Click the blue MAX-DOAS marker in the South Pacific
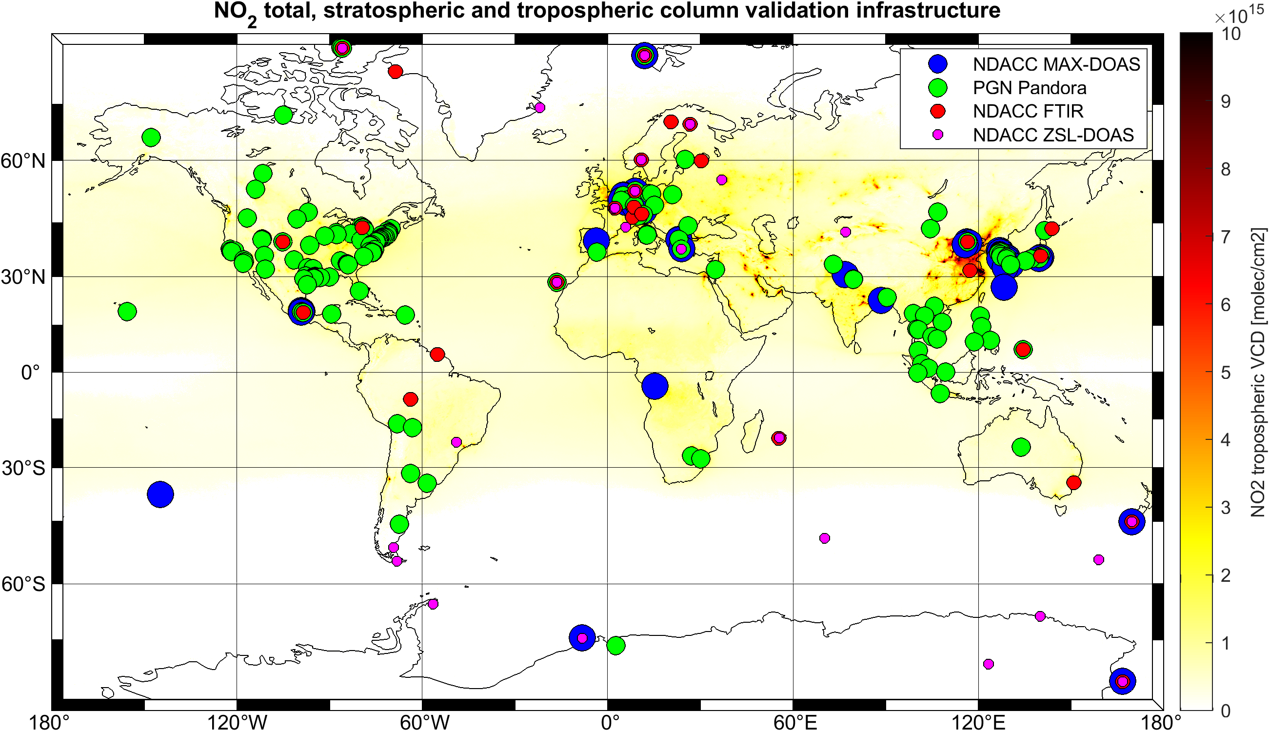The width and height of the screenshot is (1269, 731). (x=160, y=494)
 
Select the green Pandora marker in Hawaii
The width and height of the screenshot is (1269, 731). (x=127, y=311)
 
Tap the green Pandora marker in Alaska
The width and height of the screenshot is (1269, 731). (x=151, y=137)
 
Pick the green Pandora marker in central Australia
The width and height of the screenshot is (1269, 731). (x=1021, y=446)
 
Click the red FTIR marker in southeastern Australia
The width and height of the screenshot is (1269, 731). (x=1074, y=482)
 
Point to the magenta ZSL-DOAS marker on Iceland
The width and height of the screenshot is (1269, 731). (x=540, y=107)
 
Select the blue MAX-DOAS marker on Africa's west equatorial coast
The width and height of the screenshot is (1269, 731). (x=654, y=386)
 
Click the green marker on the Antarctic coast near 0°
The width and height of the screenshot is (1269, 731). (x=616, y=645)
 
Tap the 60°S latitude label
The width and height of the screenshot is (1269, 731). (x=23, y=584)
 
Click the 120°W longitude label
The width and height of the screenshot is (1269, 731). (x=237, y=722)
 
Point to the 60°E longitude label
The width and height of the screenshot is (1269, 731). (x=794, y=722)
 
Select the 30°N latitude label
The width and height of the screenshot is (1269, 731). (x=23, y=277)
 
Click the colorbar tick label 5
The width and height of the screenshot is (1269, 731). (x=1225, y=372)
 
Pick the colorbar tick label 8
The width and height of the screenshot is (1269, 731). (x=1225, y=169)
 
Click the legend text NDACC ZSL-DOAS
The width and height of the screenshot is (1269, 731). (x=1053, y=135)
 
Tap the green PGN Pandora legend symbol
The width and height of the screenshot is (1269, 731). (x=938, y=88)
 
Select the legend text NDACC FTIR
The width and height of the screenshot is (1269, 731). (x=1028, y=111)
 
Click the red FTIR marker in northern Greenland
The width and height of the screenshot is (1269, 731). (x=396, y=71)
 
